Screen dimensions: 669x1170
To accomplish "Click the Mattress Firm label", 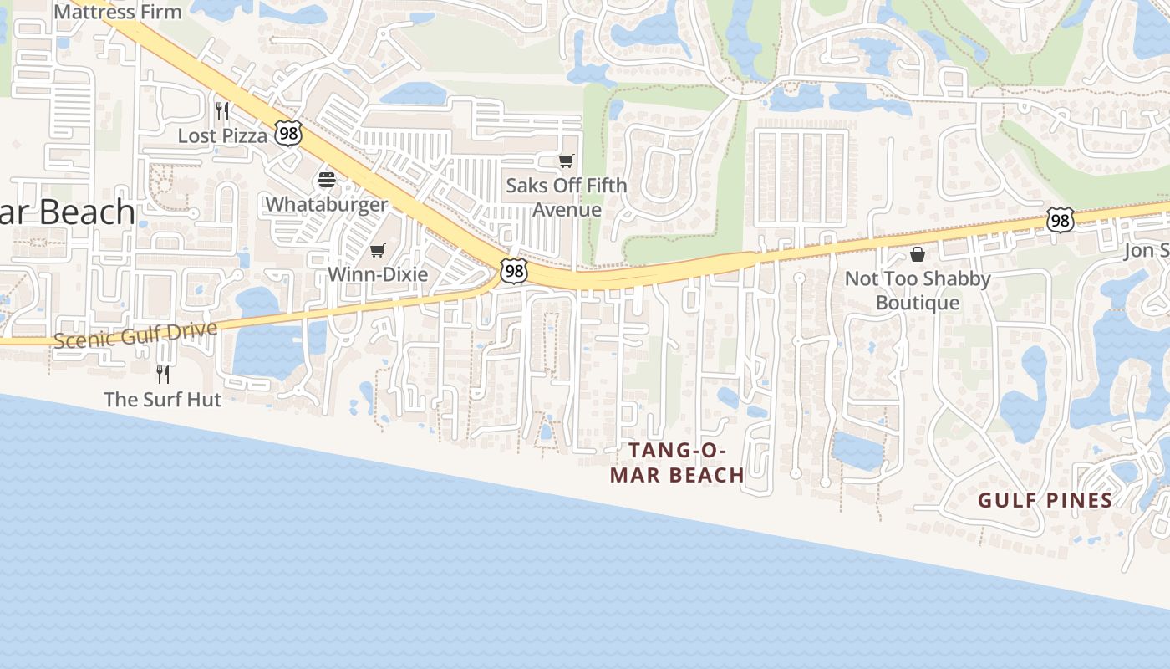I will click(x=117, y=12).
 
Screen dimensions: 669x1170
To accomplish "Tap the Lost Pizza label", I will click(x=222, y=135).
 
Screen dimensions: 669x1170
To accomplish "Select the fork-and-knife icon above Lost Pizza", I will click(x=222, y=110).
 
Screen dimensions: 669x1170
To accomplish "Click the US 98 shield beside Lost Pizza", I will click(x=287, y=133).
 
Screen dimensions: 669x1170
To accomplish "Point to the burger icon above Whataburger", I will click(x=327, y=179).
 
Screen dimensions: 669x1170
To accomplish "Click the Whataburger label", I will click(x=327, y=205).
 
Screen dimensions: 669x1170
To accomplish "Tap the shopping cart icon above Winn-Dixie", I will click(x=378, y=250).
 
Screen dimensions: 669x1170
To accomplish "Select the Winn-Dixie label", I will click(x=378, y=274).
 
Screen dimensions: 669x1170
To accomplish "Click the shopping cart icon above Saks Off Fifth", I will click(x=567, y=161).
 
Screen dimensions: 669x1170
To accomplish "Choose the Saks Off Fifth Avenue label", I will click(x=567, y=197).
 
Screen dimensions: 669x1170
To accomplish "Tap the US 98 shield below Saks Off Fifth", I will click(x=514, y=270).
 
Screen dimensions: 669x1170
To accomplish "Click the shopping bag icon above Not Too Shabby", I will click(x=918, y=254).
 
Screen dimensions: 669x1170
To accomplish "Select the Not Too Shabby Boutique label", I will click(x=918, y=290).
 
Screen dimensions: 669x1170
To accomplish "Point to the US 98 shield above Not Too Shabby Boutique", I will click(x=1060, y=221).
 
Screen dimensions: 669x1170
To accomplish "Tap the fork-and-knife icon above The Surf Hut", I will click(x=163, y=374).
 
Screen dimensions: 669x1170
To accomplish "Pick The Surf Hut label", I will click(x=163, y=400).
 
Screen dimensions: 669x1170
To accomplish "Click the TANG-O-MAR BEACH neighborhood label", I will click(x=677, y=462).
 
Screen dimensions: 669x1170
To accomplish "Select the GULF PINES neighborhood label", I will click(x=1045, y=501).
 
